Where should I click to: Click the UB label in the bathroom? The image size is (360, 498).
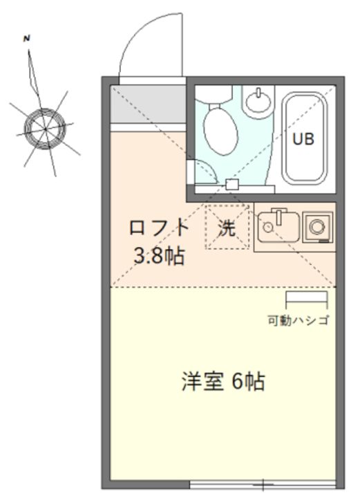(303, 139)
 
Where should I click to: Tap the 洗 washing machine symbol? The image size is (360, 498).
(227, 226)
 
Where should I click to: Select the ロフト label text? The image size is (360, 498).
(159, 228)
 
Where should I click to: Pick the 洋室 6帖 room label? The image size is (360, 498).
(222, 382)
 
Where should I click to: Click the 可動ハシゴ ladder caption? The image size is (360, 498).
(298, 320)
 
